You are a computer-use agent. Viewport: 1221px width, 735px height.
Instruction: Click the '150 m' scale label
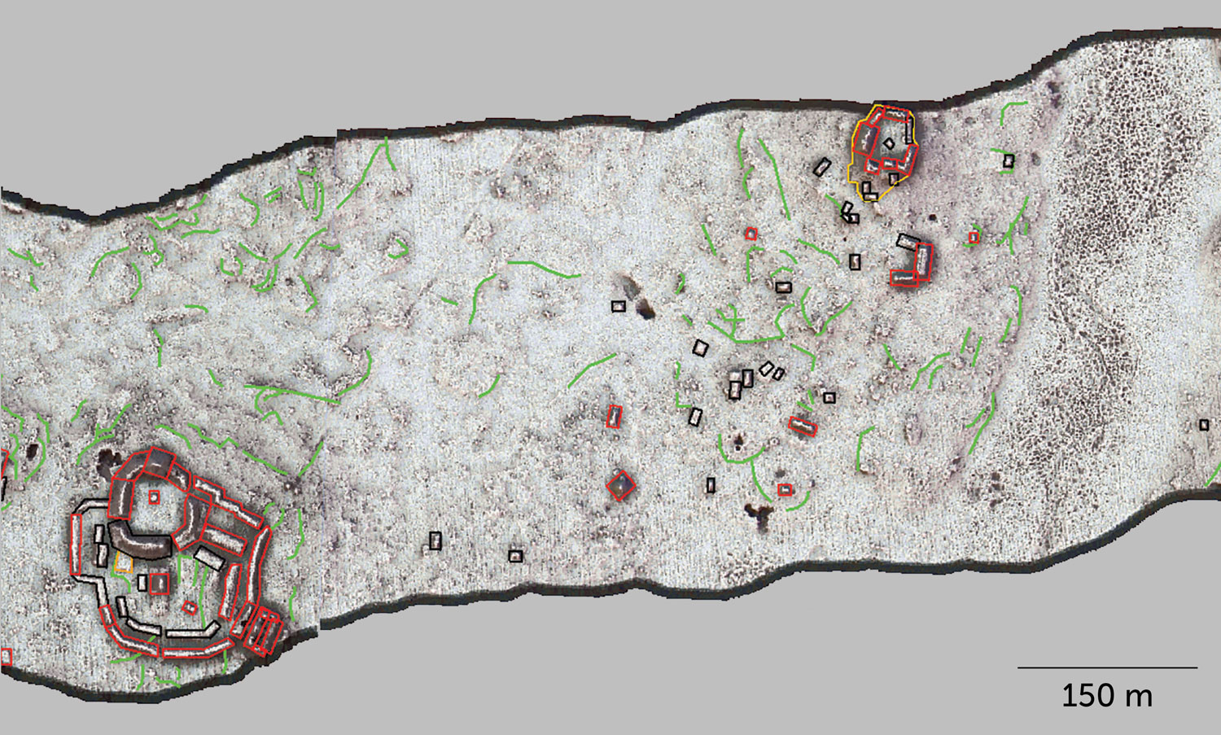(x=1107, y=696)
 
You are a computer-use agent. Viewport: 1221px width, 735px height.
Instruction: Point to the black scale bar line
(x=1107, y=667)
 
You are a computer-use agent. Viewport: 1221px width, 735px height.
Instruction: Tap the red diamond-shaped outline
(x=621, y=486)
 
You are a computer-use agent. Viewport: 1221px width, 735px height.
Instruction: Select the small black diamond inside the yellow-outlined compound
(x=889, y=143)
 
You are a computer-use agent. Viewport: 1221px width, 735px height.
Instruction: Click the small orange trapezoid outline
(x=124, y=562)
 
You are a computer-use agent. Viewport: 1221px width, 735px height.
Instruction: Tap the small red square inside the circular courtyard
(x=154, y=497)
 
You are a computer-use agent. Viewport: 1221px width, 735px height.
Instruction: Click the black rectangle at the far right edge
(x=1204, y=425)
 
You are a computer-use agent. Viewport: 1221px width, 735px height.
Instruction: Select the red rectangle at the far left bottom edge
(x=7, y=656)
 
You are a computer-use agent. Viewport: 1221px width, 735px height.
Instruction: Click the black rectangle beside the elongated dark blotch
(x=618, y=306)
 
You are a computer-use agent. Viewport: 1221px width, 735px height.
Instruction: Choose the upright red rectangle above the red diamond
(x=614, y=417)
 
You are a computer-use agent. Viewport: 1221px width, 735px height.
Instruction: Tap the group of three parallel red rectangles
(x=262, y=632)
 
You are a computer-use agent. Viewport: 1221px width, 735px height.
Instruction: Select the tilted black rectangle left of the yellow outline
(x=821, y=168)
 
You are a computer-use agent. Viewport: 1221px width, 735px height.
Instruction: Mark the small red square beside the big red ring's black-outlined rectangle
(x=159, y=583)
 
